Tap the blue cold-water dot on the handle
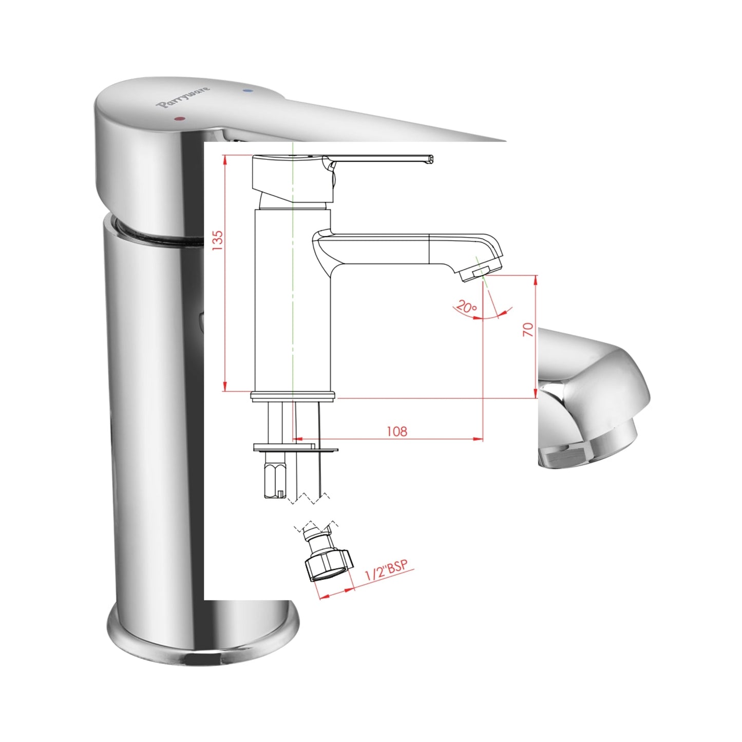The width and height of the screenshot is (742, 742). pyautogui.click(x=249, y=91)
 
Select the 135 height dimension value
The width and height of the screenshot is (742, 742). pyautogui.click(x=218, y=241)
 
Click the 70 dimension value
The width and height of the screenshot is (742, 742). pyautogui.click(x=528, y=329)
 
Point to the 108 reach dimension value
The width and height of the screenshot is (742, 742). pyautogui.click(x=396, y=431)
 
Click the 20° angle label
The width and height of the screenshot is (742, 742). pyautogui.click(x=466, y=308)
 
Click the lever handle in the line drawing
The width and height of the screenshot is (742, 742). pyautogui.click(x=380, y=160)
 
